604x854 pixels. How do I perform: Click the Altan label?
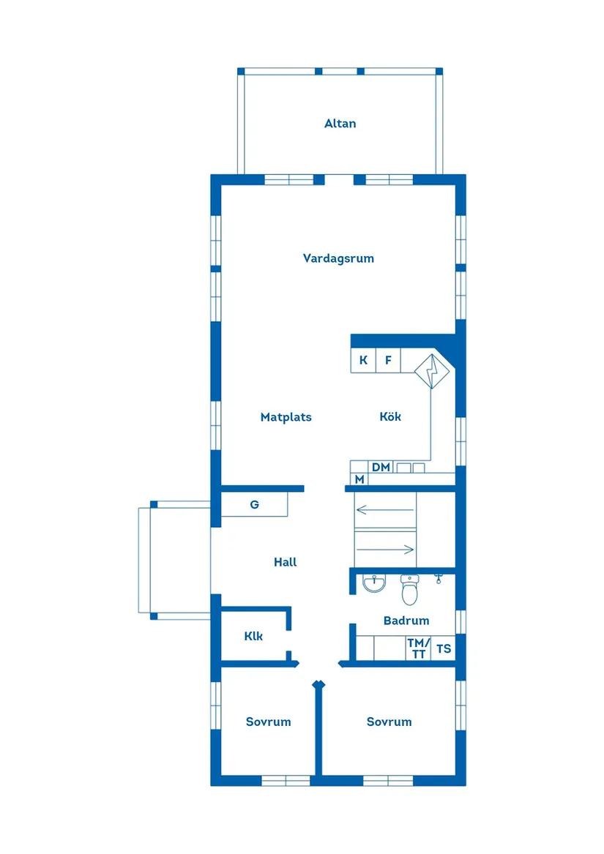(340, 124)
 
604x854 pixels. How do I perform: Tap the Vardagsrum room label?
(338, 258)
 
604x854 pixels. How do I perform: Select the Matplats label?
(286, 417)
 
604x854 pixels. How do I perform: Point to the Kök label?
(390, 417)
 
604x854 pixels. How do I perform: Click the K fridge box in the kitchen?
(363, 361)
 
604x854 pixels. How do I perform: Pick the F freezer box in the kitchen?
(388, 361)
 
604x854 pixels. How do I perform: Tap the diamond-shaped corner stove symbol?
(432, 371)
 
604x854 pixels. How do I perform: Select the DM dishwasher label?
(381, 467)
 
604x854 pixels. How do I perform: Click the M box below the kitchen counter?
(359, 479)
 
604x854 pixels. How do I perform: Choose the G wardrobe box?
(254, 505)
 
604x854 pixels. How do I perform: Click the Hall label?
(285, 562)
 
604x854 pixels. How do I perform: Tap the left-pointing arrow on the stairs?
(384, 509)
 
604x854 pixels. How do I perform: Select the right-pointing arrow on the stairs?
(384, 549)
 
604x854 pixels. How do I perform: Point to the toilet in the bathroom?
(409, 589)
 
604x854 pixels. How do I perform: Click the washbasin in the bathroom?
(375, 583)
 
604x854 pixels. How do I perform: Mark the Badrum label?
(406, 621)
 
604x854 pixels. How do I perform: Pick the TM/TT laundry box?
(418, 648)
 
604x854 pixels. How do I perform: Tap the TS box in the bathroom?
(444, 648)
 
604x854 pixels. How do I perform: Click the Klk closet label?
(253, 636)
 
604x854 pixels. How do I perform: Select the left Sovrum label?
(268, 722)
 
